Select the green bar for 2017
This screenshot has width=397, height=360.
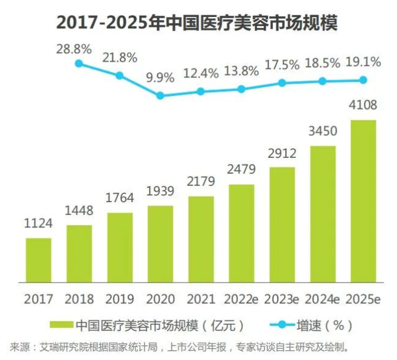point(39,260)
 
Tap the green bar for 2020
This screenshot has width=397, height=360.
point(160,244)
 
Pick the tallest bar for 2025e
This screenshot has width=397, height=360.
point(363,201)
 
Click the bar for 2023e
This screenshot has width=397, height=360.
point(282,224)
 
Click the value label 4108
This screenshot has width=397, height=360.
point(363,106)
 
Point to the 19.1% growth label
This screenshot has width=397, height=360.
point(363,62)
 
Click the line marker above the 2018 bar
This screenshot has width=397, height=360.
point(79,62)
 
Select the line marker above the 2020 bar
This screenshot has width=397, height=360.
point(160,95)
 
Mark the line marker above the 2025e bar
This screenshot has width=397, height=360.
point(363,80)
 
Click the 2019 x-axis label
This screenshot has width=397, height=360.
point(120,299)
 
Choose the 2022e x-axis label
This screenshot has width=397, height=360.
point(241,299)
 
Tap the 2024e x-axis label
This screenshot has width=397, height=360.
point(323,299)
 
